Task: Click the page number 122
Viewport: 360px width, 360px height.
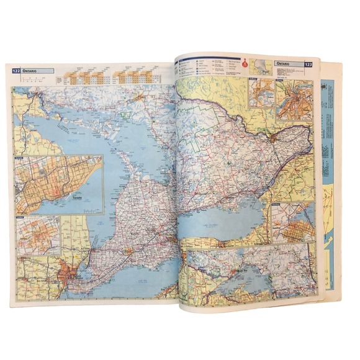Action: [x=16, y=71]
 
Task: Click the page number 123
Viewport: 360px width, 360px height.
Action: [x=307, y=64]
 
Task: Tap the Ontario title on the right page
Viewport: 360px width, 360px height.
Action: [x=287, y=64]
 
